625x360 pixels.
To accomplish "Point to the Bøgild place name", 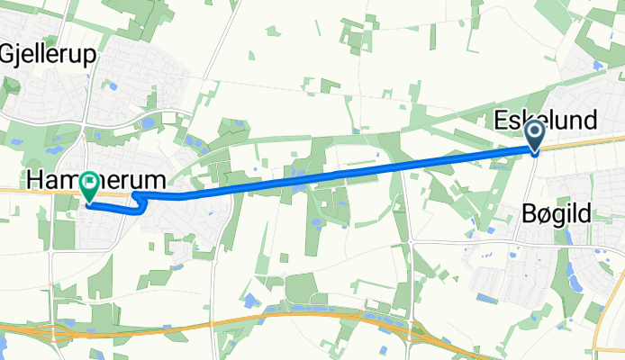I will click(558, 214).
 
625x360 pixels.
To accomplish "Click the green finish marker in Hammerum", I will click(90, 186).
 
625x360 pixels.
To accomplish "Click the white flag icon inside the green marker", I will click(90, 184).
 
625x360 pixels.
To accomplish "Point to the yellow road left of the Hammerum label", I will click(14, 191).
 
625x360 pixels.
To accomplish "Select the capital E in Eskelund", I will click(502, 121).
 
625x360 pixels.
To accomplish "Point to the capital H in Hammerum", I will click(36, 179).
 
